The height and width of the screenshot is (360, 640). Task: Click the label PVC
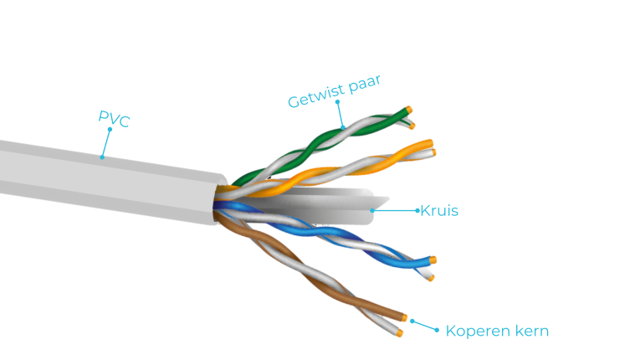pos(115,119)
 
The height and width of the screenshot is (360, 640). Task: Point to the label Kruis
pos(439,210)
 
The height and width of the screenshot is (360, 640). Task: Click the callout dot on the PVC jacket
pos(102,157)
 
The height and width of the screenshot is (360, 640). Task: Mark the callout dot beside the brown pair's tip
pos(412,320)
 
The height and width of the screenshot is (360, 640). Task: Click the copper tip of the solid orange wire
pos(430,143)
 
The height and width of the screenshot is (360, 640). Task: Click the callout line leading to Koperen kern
pos(424,325)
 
